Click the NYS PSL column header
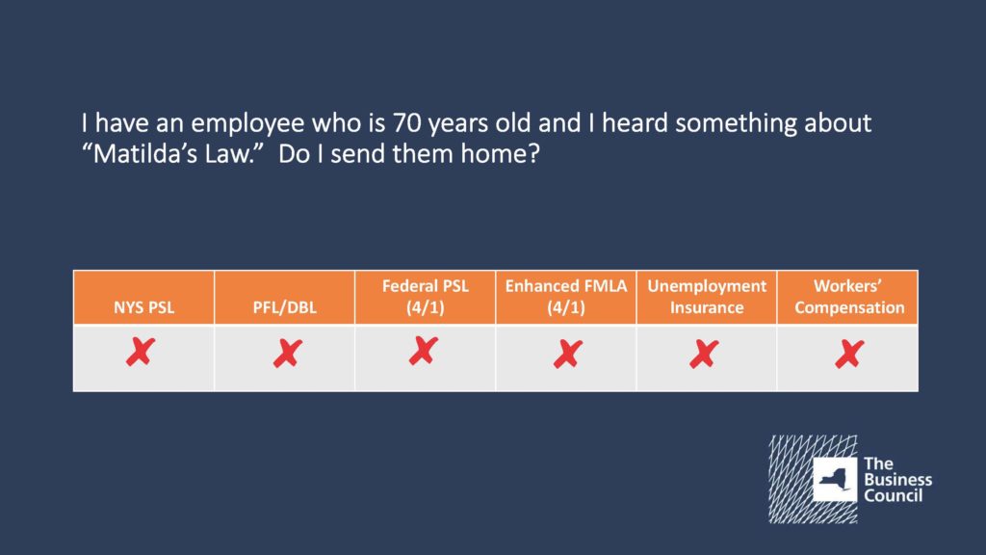click(x=144, y=307)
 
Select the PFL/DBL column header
click(x=284, y=307)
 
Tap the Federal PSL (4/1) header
click(x=425, y=297)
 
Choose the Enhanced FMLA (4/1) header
click(x=566, y=297)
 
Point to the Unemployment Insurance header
click(x=707, y=297)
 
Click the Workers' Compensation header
click(x=849, y=297)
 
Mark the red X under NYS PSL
click(x=141, y=352)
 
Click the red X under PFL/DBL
click(x=287, y=354)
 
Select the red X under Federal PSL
click(x=424, y=351)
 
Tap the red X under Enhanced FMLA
click(x=568, y=355)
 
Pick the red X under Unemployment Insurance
click(x=704, y=355)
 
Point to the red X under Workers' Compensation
click(x=849, y=355)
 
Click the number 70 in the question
click(x=407, y=123)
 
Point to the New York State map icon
click(x=835, y=480)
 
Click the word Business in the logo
click(x=898, y=480)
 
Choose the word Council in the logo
click(x=893, y=495)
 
